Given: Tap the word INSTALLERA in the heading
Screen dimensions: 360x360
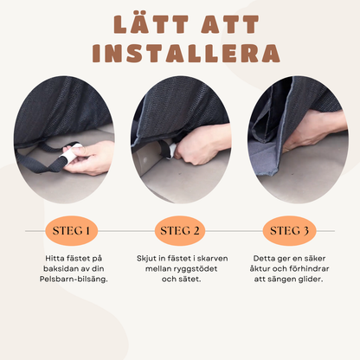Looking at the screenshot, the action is pyautogui.click(x=186, y=54).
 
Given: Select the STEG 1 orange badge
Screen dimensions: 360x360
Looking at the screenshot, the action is pyautogui.click(x=71, y=231).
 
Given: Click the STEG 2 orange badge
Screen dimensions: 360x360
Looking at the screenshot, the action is pyautogui.click(x=180, y=231).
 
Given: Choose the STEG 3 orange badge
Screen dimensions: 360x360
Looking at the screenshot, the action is pyautogui.click(x=289, y=231).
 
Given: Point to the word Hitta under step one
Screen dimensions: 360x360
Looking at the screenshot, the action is pyautogui.click(x=55, y=258).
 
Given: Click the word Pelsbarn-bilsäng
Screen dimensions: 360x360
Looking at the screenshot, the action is pyautogui.click(x=74, y=280).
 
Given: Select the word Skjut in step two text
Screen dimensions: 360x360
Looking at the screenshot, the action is pyautogui.click(x=146, y=259).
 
